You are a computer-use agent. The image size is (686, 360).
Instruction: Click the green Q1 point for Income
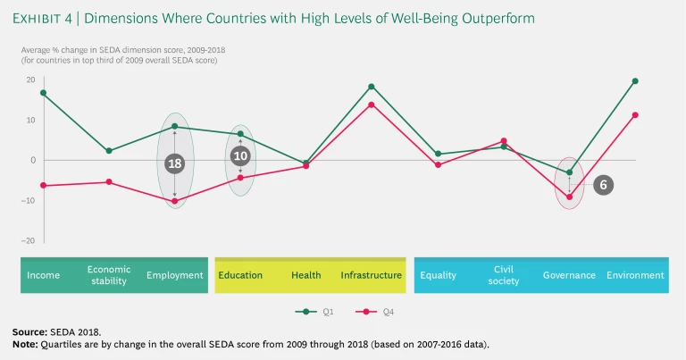pyautogui.click(x=43, y=93)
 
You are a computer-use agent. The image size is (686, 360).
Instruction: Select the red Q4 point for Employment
pyautogui.click(x=175, y=201)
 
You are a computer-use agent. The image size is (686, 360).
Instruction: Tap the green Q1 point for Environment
pyautogui.click(x=635, y=80)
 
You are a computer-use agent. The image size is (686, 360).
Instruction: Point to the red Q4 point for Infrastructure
pyautogui.click(x=372, y=105)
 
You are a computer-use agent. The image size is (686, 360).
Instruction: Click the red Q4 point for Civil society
pyautogui.click(x=504, y=141)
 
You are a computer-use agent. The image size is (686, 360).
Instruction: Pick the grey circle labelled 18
pyautogui.click(x=175, y=163)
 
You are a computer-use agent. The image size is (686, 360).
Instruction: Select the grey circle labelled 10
pyautogui.click(x=240, y=155)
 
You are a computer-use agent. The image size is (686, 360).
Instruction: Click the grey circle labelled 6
pyautogui.click(x=604, y=185)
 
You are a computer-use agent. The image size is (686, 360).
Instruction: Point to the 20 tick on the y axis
pyautogui.click(x=30, y=80)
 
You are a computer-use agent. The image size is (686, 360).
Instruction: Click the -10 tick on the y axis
pyautogui.click(x=28, y=200)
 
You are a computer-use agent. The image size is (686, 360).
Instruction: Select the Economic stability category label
pyautogui.click(x=109, y=274)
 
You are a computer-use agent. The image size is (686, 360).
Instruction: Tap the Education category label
pyautogui.click(x=240, y=275)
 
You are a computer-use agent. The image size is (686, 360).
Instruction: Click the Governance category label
pyautogui.click(x=569, y=275)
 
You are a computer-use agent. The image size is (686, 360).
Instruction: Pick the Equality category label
pyautogui.click(x=439, y=275)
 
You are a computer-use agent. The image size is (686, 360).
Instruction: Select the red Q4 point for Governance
pyautogui.click(x=569, y=197)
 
